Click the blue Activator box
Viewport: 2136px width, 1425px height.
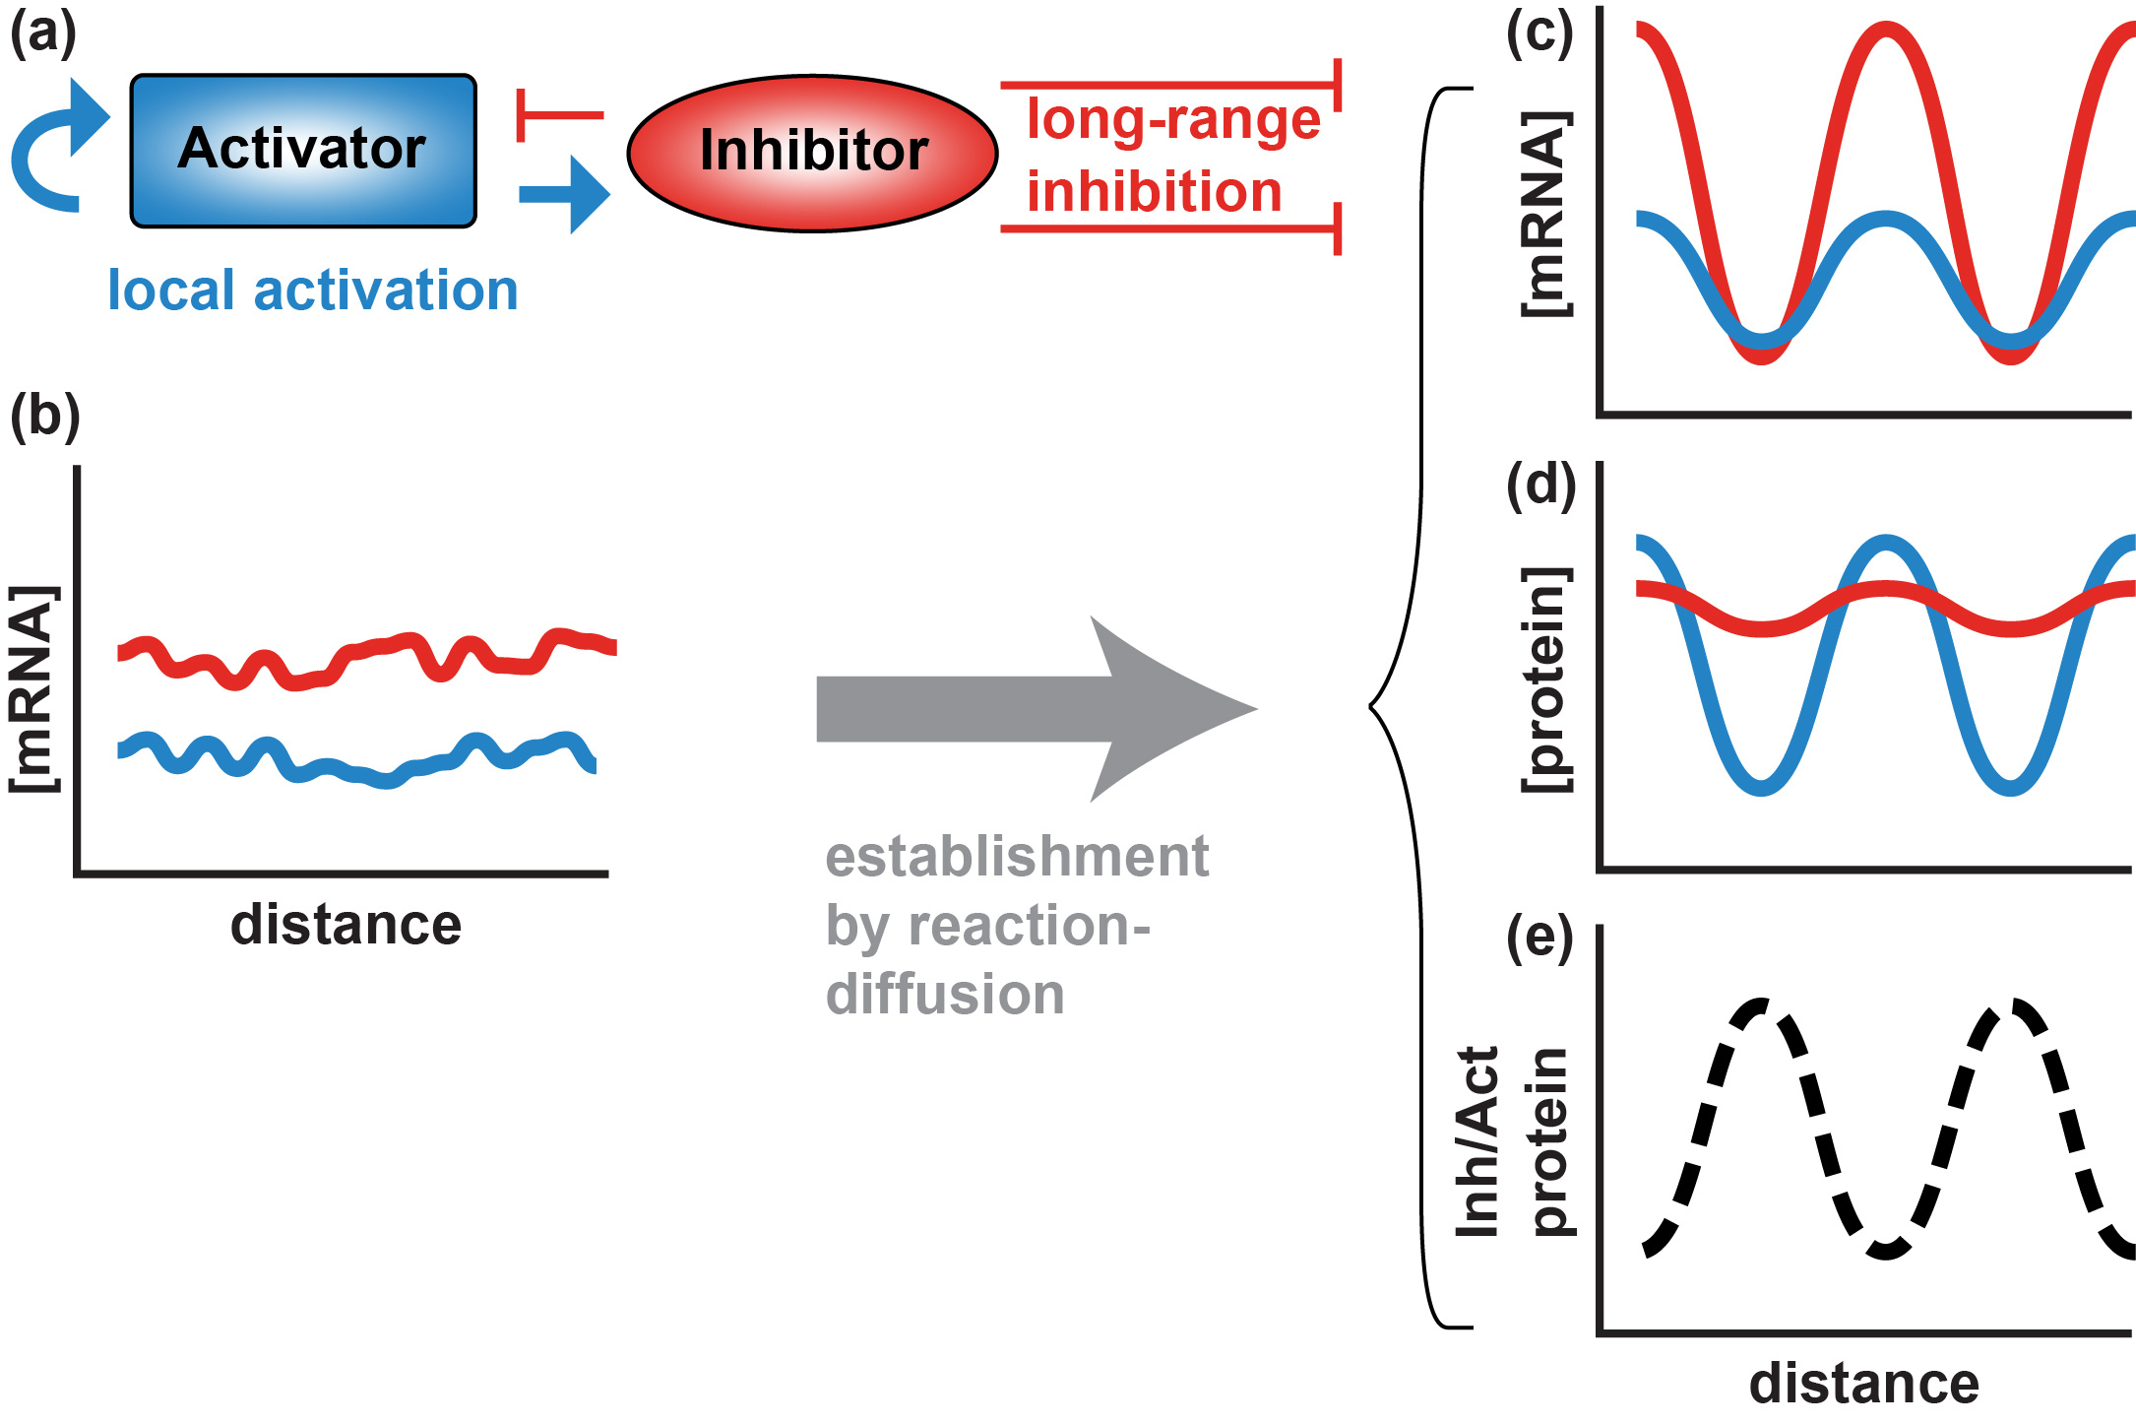click(303, 151)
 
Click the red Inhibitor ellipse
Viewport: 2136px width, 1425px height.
click(813, 153)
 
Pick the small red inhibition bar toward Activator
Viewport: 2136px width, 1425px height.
click(556, 115)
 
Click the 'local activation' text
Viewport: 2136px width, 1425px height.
click(312, 291)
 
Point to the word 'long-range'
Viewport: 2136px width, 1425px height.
click(1173, 120)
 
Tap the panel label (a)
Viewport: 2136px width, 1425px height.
click(43, 34)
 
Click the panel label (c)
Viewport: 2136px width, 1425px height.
click(1540, 34)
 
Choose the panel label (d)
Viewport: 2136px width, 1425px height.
click(1540, 486)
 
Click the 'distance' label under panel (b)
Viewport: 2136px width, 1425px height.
click(346, 925)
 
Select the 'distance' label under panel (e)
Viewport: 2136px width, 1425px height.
click(1864, 1384)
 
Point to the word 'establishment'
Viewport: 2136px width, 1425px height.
click(1016, 857)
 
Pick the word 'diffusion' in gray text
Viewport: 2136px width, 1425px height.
click(945, 995)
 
